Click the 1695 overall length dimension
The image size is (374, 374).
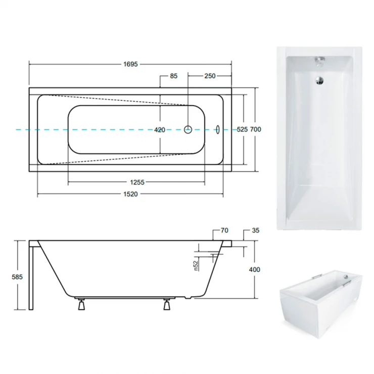(130, 64)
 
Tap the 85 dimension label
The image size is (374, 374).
(174, 76)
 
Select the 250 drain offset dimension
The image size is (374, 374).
(210, 76)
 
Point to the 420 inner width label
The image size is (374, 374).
(160, 130)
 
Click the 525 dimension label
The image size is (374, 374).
(242, 129)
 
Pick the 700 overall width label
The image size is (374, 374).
(255, 129)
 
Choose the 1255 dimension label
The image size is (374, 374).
(137, 182)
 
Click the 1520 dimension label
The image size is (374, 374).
(130, 194)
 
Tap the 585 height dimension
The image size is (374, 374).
(17, 277)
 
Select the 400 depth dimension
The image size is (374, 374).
(255, 269)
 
